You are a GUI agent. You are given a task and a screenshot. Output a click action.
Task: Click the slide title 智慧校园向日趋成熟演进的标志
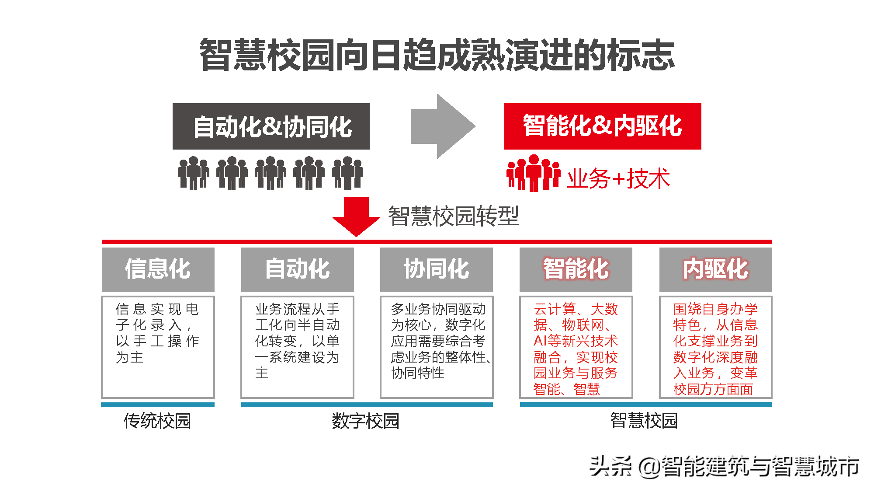(437, 55)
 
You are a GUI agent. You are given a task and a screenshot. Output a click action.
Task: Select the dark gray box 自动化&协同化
(271, 126)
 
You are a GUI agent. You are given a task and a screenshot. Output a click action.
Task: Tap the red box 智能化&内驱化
(603, 126)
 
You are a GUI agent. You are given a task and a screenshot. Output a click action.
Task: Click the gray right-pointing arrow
(443, 126)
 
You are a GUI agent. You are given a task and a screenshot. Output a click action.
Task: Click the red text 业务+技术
(618, 178)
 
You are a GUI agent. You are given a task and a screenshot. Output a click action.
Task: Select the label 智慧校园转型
(454, 216)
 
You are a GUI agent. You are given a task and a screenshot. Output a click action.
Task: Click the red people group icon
(533, 173)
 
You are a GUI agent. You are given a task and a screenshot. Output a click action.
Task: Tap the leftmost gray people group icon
(193, 173)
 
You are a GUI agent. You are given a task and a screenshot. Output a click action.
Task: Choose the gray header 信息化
(158, 269)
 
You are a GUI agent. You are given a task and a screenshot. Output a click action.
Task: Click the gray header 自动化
(297, 269)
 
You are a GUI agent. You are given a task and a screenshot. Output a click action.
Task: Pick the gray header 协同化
(436, 269)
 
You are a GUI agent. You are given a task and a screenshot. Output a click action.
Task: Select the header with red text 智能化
(576, 269)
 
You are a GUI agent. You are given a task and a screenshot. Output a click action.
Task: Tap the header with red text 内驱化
(715, 269)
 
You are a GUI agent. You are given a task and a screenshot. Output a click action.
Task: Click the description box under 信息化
(158, 346)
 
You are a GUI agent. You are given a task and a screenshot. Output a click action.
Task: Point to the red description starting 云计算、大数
(576, 348)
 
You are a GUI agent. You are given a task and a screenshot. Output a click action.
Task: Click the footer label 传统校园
(157, 421)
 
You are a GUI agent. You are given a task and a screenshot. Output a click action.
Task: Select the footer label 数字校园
(365, 421)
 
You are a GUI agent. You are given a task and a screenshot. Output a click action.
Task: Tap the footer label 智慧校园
(644, 420)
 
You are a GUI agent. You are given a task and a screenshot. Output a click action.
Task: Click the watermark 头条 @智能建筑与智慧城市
(724, 466)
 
